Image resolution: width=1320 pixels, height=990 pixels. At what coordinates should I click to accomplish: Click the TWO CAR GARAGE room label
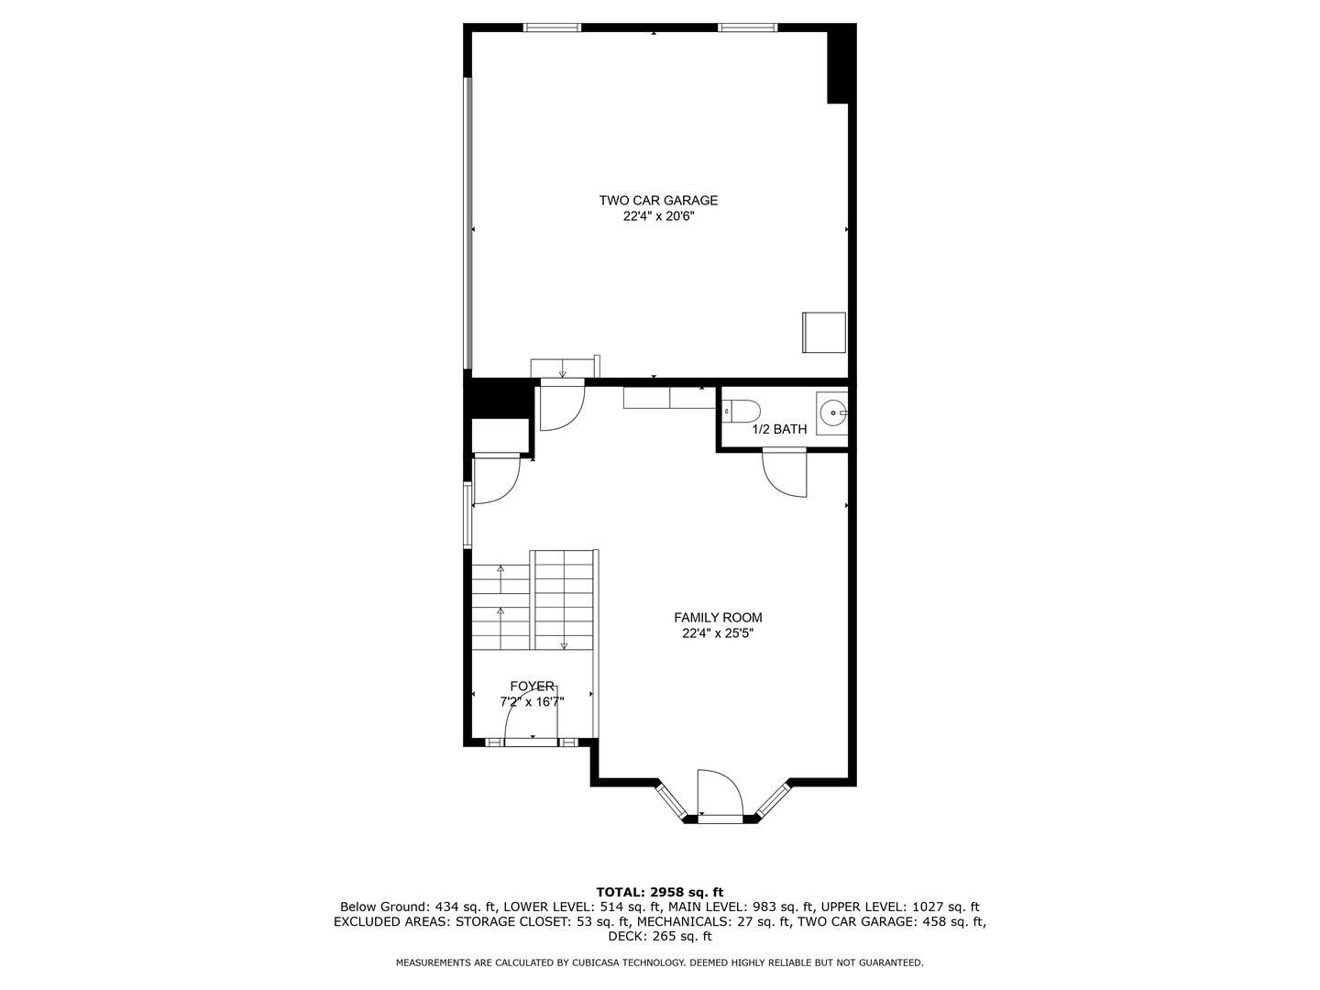[x=658, y=201]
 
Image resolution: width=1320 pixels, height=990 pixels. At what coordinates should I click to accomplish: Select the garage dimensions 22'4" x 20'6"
[x=658, y=217]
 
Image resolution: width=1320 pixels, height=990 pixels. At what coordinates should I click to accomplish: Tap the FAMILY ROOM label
[x=718, y=618]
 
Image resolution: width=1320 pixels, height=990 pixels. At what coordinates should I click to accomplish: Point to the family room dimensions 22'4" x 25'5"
[x=718, y=633]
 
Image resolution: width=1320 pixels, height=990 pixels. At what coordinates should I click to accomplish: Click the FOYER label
[x=532, y=686]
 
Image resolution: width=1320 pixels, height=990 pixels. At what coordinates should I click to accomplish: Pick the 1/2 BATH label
[x=779, y=429]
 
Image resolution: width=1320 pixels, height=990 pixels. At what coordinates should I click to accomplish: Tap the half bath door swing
[x=786, y=473]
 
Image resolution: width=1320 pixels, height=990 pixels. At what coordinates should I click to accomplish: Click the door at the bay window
[x=719, y=794]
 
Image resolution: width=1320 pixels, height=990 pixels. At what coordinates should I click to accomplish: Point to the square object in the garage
[x=823, y=332]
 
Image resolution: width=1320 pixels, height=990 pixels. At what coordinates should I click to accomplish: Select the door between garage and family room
[x=561, y=405]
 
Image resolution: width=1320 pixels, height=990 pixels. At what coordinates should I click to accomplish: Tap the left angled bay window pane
[x=672, y=799]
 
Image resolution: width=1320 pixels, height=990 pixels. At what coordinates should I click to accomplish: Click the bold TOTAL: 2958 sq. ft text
[x=659, y=892]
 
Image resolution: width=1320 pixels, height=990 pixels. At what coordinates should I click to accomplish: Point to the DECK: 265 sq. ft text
[x=659, y=937]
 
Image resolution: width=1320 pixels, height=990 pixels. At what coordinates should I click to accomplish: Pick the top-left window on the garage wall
[x=552, y=27]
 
